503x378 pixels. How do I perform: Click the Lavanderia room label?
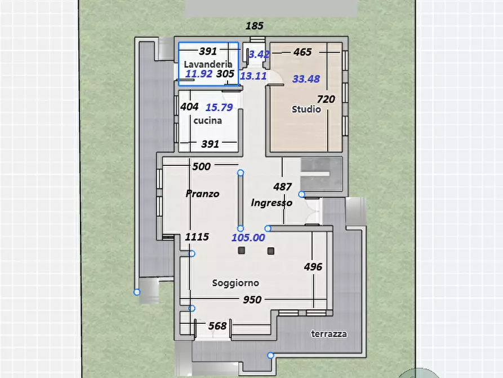click(208, 64)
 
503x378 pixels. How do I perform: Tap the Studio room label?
click(306, 109)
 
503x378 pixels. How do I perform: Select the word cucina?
click(207, 121)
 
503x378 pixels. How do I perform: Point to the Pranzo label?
click(202, 194)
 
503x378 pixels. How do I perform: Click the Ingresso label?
click(271, 203)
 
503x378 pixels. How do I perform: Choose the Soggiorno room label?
click(235, 283)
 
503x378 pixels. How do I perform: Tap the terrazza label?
click(329, 334)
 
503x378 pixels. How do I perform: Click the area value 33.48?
click(306, 79)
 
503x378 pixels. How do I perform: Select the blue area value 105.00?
click(248, 238)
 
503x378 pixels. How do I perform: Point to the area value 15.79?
click(219, 107)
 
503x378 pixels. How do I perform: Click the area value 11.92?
click(199, 73)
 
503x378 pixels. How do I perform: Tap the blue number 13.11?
click(253, 76)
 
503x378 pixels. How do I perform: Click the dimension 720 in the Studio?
click(326, 99)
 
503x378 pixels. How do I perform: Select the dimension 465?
click(302, 52)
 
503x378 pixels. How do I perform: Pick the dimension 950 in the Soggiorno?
click(252, 300)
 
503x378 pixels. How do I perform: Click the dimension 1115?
click(197, 237)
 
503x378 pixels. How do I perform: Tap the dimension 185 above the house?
click(255, 26)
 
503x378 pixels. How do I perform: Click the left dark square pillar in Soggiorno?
click(242, 250)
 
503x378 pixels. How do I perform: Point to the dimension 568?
click(217, 326)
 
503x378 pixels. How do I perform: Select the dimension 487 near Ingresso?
click(282, 186)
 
